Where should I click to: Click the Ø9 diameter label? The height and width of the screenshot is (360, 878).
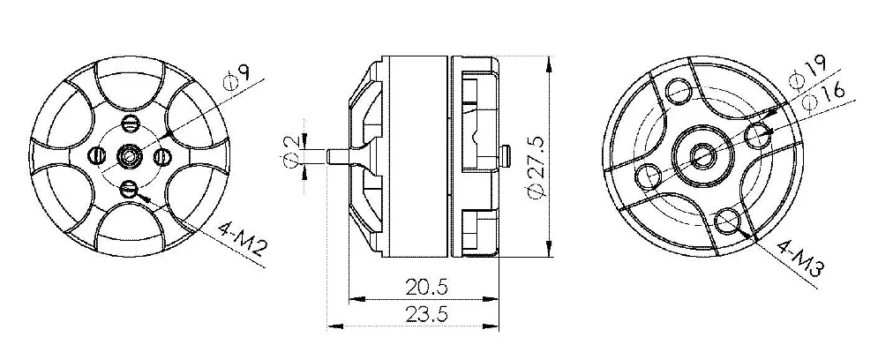click(x=236, y=78)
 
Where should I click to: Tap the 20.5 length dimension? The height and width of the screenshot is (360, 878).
click(x=427, y=288)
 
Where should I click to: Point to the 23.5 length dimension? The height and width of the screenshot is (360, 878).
click(x=427, y=314)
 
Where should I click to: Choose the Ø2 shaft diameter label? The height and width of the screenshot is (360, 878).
click(x=290, y=151)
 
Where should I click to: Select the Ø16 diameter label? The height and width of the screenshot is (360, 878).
click(x=823, y=98)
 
